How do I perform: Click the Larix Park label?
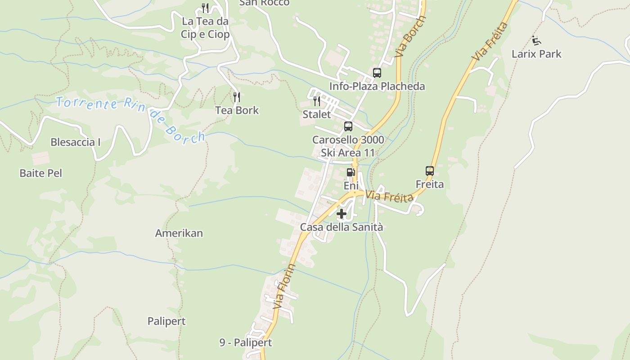536,54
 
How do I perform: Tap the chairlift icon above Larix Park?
536,40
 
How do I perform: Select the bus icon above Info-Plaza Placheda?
377,72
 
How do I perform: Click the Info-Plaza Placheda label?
377,86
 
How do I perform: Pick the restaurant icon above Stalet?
317,101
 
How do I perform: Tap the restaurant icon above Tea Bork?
237,97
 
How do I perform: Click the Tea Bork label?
237,110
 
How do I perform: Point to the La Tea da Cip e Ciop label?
205,28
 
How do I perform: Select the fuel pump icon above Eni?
351,172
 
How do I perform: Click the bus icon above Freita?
430,171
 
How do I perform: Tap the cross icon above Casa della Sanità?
342,214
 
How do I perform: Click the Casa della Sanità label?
342,227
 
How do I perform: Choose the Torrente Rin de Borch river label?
130,117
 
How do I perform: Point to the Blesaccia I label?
75,142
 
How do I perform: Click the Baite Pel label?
40,173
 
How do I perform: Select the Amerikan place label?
179,233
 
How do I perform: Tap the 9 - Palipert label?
246,342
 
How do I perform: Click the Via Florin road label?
285,286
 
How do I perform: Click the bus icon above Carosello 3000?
348,126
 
